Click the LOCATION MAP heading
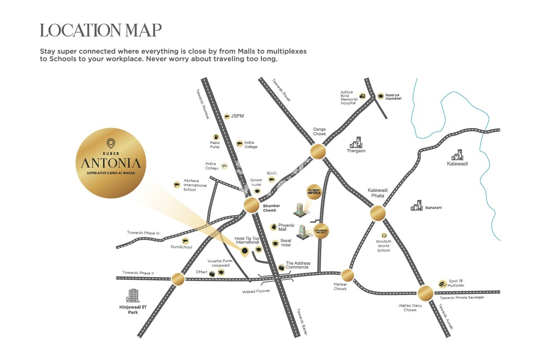click(x=101, y=30)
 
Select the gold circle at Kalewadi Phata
click(x=378, y=213)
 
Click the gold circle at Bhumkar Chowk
click(x=251, y=205)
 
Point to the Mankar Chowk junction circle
click(x=348, y=274)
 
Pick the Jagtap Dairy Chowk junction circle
click(x=425, y=292)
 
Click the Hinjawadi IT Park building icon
click(x=133, y=295)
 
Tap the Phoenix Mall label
click(x=286, y=227)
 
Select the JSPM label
click(x=237, y=116)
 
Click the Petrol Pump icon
click(x=216, y=137)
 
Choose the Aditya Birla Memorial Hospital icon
click(x=362, y=96)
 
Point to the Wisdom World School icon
click(x=384, y=236)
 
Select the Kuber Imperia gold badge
click(x=314, y=192)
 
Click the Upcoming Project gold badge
click(x=321, y=231)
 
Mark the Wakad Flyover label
click(x=256, y=291)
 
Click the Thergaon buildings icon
click(x=356, y=142)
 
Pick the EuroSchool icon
click(x=185, y=241)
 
